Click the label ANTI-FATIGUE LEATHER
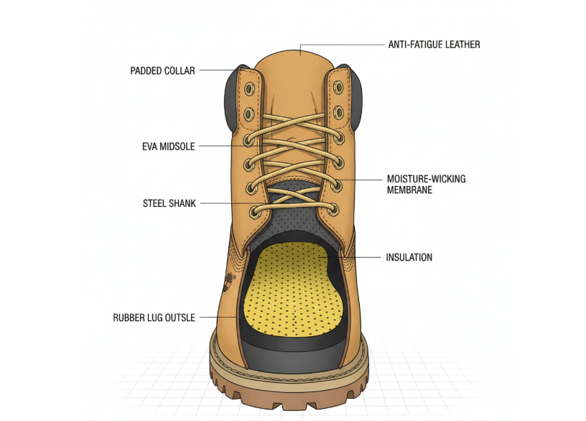[x=434, y=45]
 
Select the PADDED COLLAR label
[x=162, y=71]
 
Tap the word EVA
[x=151, y=147]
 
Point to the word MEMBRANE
[x=409, y=190]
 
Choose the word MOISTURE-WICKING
[x=426, y=179]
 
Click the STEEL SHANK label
[x=169, y=203]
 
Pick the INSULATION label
[x=409, y=257]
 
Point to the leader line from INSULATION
[x=363, y=257]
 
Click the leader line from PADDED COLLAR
[x=215, y=71]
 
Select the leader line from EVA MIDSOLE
[x=223, y=147]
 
